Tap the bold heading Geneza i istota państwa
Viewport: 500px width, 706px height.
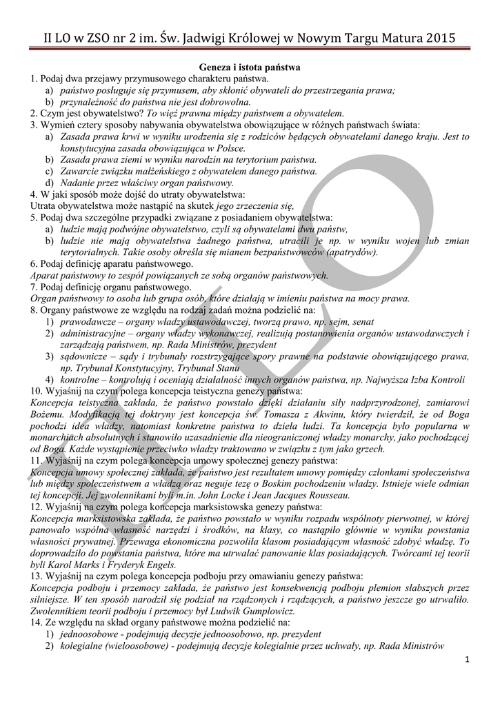250,68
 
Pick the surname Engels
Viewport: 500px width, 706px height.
159,564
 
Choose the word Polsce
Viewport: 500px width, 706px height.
231,148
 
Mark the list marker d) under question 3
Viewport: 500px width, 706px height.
50,183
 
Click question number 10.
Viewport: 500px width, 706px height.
37,391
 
